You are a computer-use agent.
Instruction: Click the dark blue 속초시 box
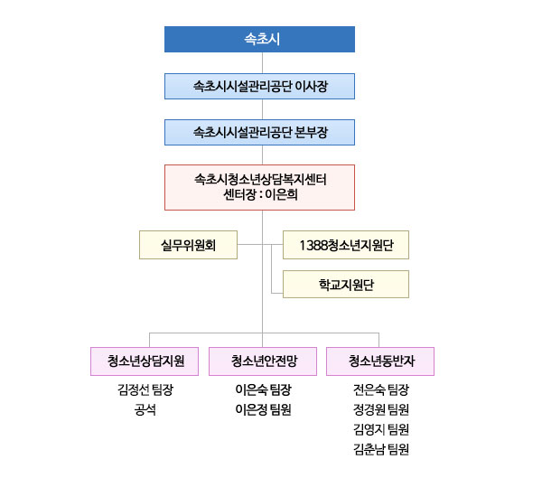(x=259, y=39)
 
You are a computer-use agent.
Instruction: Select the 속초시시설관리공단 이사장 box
(x=259, y=86)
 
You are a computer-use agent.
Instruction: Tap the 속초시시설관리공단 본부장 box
(x=259, y=133)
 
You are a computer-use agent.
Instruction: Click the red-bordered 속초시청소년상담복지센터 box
(x=259, y=187)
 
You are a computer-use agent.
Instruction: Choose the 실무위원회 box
(x=189, y=245)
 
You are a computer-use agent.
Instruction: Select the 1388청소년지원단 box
(x=346, y=245)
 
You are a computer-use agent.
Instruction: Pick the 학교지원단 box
(x=346, y=285)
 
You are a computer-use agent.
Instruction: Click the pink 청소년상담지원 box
(x=145, y=361)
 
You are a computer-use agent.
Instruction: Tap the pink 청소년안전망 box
(x=263, y=361)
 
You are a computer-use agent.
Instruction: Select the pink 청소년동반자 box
(x=380, y=361)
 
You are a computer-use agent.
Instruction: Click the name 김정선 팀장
(x=145, y=389)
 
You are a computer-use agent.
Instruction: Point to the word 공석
(x=145, y=410)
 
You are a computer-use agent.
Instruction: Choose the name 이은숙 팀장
(x=264, y=389)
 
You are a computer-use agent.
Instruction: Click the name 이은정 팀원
(x=264, y=410)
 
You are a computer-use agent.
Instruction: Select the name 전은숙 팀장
(x=381, y=389)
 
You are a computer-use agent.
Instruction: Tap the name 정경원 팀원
(x=381, y=410)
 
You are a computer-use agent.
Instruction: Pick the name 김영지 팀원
(x=381, y=429)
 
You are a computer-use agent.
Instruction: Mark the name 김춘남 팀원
(x=381, y=450)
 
